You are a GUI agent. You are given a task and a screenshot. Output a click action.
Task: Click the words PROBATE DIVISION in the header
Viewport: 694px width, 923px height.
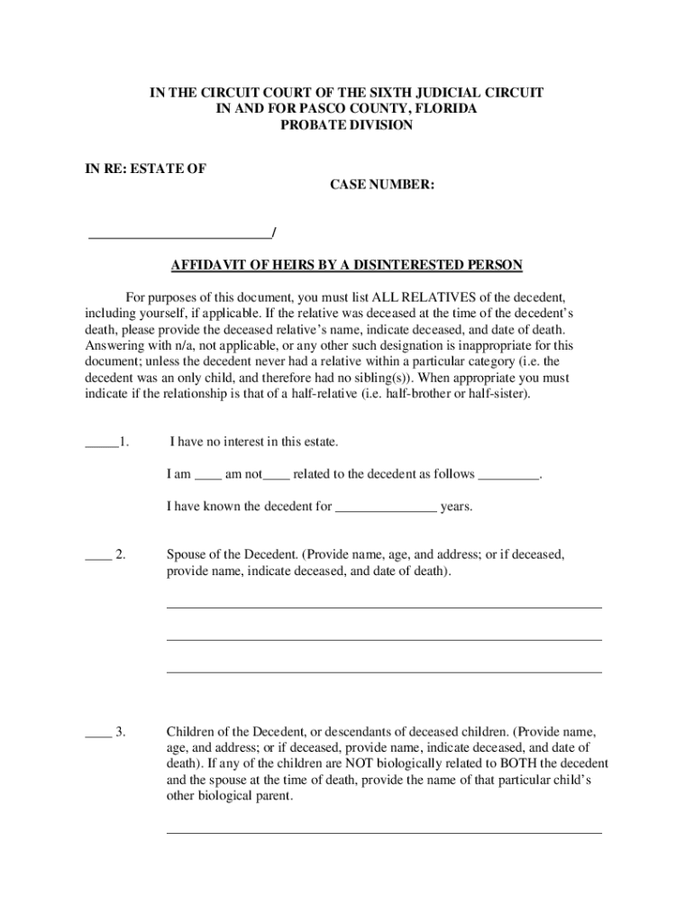[x=346, y=125]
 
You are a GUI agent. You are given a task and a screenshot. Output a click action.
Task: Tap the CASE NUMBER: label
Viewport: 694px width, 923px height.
[x=377, y=185]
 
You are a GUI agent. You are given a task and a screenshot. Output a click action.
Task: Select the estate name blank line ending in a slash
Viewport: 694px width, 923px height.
[x=179, y=236]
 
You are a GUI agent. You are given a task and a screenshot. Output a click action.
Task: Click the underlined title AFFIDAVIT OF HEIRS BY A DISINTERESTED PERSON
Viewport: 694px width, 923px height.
[x=347, y=265]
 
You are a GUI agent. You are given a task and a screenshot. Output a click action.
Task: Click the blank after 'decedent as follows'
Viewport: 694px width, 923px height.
[x=508, y=476]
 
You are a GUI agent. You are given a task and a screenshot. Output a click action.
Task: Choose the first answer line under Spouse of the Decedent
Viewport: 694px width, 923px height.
[x=384, y=607]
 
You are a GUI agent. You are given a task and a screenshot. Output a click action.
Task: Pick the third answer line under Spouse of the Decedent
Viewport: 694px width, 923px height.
[x=384, y=672]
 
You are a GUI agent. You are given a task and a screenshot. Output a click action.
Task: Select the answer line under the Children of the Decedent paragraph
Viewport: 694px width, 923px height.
[x=384, y=832]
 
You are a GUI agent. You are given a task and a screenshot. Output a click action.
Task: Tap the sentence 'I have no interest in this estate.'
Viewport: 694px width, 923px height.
[x=253, y=443]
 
